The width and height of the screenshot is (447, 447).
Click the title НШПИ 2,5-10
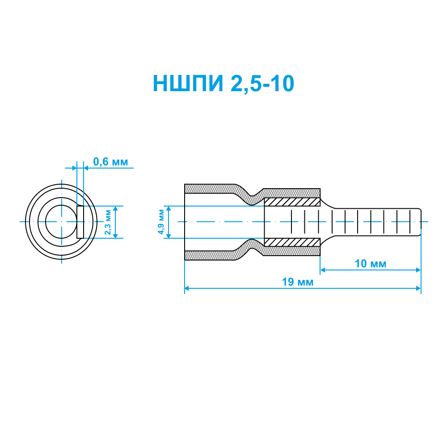point(223,84)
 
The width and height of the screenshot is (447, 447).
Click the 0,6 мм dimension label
point(110,162)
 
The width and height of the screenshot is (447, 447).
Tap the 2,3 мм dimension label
point(108,222)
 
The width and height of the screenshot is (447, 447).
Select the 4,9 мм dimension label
point(161,222)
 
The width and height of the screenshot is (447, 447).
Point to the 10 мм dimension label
point(370,264)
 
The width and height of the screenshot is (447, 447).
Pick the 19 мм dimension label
point(298,282)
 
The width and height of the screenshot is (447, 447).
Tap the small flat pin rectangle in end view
point(80,222)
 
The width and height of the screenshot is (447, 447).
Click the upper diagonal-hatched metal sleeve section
point(292,202)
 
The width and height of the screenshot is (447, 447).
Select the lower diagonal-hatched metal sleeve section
point(292,242)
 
